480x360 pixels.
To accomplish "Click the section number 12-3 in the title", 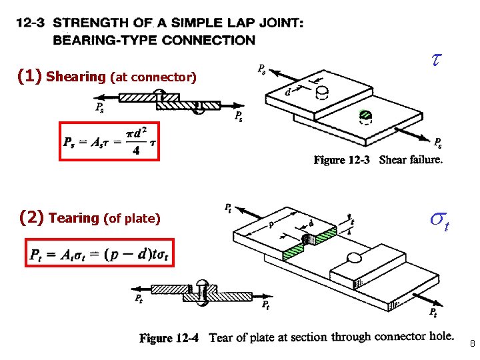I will click(x=29, y=23).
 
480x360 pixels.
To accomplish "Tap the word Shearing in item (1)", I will click(x=77, y=77).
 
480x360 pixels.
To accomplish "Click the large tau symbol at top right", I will click(x=436, y=60).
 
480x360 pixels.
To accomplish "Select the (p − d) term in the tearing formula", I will click(x=119, y=254).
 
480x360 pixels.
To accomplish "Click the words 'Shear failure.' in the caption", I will click(x=411, y=160).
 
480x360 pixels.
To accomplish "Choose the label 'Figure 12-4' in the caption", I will click(x=169, y=338).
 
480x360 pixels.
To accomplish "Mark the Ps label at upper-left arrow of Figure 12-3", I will click(x=262, y=68).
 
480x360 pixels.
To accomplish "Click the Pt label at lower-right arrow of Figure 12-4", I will click(x=433, y=312).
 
